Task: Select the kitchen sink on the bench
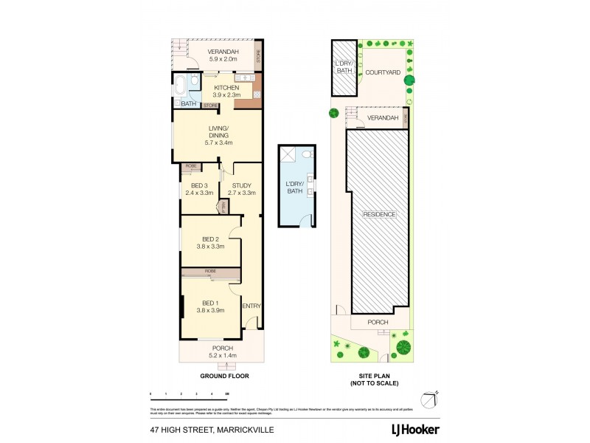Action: coord(243,77)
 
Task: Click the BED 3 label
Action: coord(198,185)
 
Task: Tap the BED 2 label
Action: coord(210,238)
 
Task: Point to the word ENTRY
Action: coord(251,306)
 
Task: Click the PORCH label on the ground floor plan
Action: coord(223,348)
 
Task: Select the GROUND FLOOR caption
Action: coord(224,376)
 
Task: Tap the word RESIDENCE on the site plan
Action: coord(379,214)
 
